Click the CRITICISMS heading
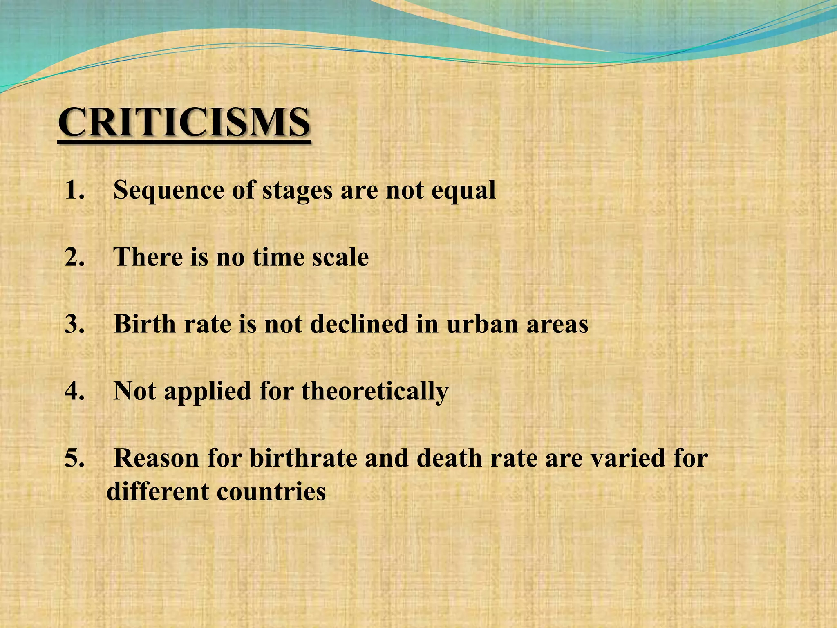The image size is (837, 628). pos(184,123)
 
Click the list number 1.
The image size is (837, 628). pos(74,191)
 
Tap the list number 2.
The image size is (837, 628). pos(74,258)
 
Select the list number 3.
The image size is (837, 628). pos(74,325)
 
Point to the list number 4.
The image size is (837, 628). pos(74,392)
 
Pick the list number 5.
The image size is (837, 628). pos(74,459)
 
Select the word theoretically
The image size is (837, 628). pos(375,392)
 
